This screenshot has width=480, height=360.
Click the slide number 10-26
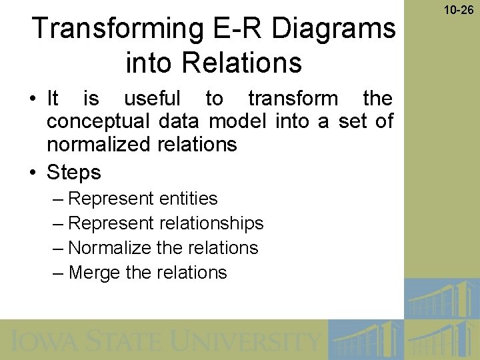(457, 10)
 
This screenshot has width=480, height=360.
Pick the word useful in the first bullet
(152, 99)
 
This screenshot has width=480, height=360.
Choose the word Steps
(73, 173)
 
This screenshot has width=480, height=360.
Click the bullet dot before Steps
(33, 173)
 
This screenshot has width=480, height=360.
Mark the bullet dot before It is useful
(33, 99)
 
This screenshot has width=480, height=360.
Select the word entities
(189, 199)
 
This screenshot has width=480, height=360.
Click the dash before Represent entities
(57, 199)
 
